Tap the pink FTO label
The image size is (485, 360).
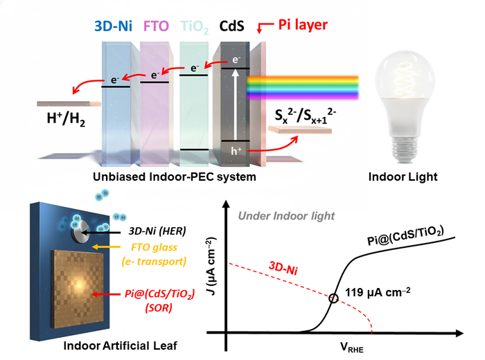coord(157,27)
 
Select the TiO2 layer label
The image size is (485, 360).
coord(195,27)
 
